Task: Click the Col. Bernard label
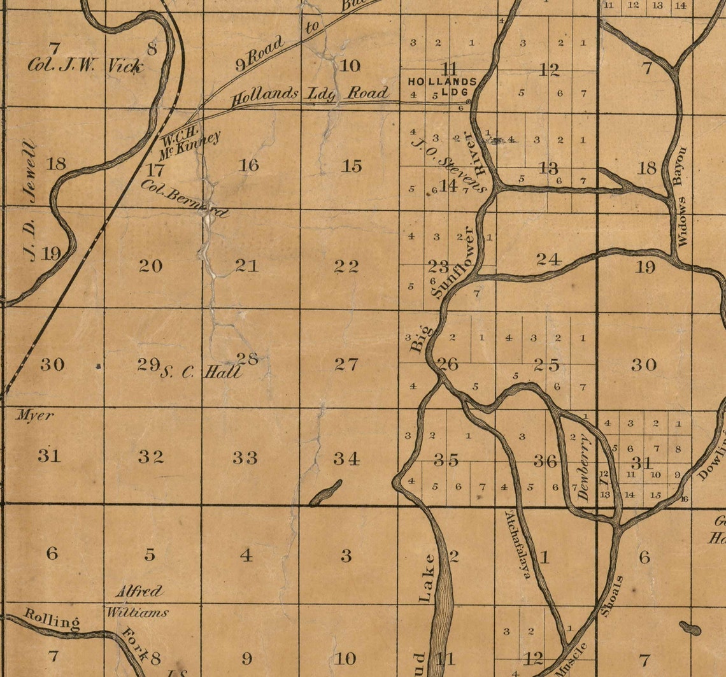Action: click(x=184, y=199)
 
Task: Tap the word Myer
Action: click(x=34, y=415)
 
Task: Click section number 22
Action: click(x=347, y=266)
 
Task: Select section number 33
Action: click(x=245, y=457)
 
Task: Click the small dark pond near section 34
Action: click(x=325, y=493)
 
